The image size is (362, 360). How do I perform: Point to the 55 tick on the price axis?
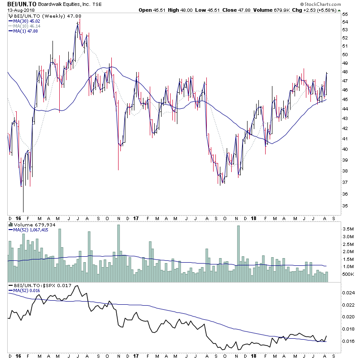[345, 14]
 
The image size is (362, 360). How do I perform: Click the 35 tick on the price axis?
[345, 206]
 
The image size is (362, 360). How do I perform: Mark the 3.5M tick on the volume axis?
[348, 229]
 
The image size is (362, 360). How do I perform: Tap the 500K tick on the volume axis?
[348, 274]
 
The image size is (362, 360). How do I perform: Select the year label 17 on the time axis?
[136, 219]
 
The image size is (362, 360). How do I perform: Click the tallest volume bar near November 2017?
[238, 254]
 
